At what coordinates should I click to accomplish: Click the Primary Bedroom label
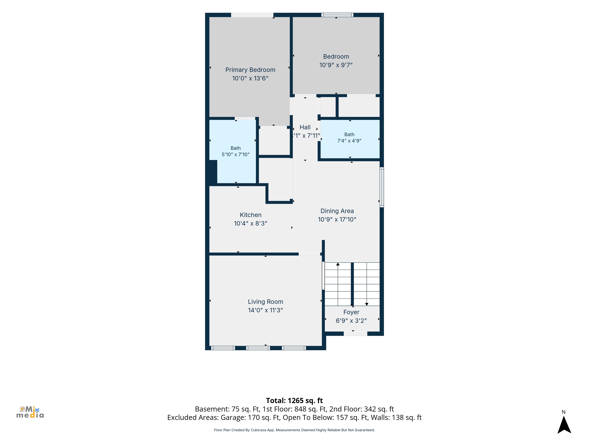pos(250,70)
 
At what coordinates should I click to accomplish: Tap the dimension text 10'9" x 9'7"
pos(336,65)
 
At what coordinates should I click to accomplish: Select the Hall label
pos(305,127)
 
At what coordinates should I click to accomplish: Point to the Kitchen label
pos(251,215)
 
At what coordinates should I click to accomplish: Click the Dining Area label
pos(337,211)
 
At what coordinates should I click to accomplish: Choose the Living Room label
pos(265,302)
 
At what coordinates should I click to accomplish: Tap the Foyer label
pos(351,312)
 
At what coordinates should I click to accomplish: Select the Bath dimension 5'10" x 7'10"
pos(236,155)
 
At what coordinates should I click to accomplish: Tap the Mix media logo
pos(30,412)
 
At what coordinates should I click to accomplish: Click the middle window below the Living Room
pos(258,348)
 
